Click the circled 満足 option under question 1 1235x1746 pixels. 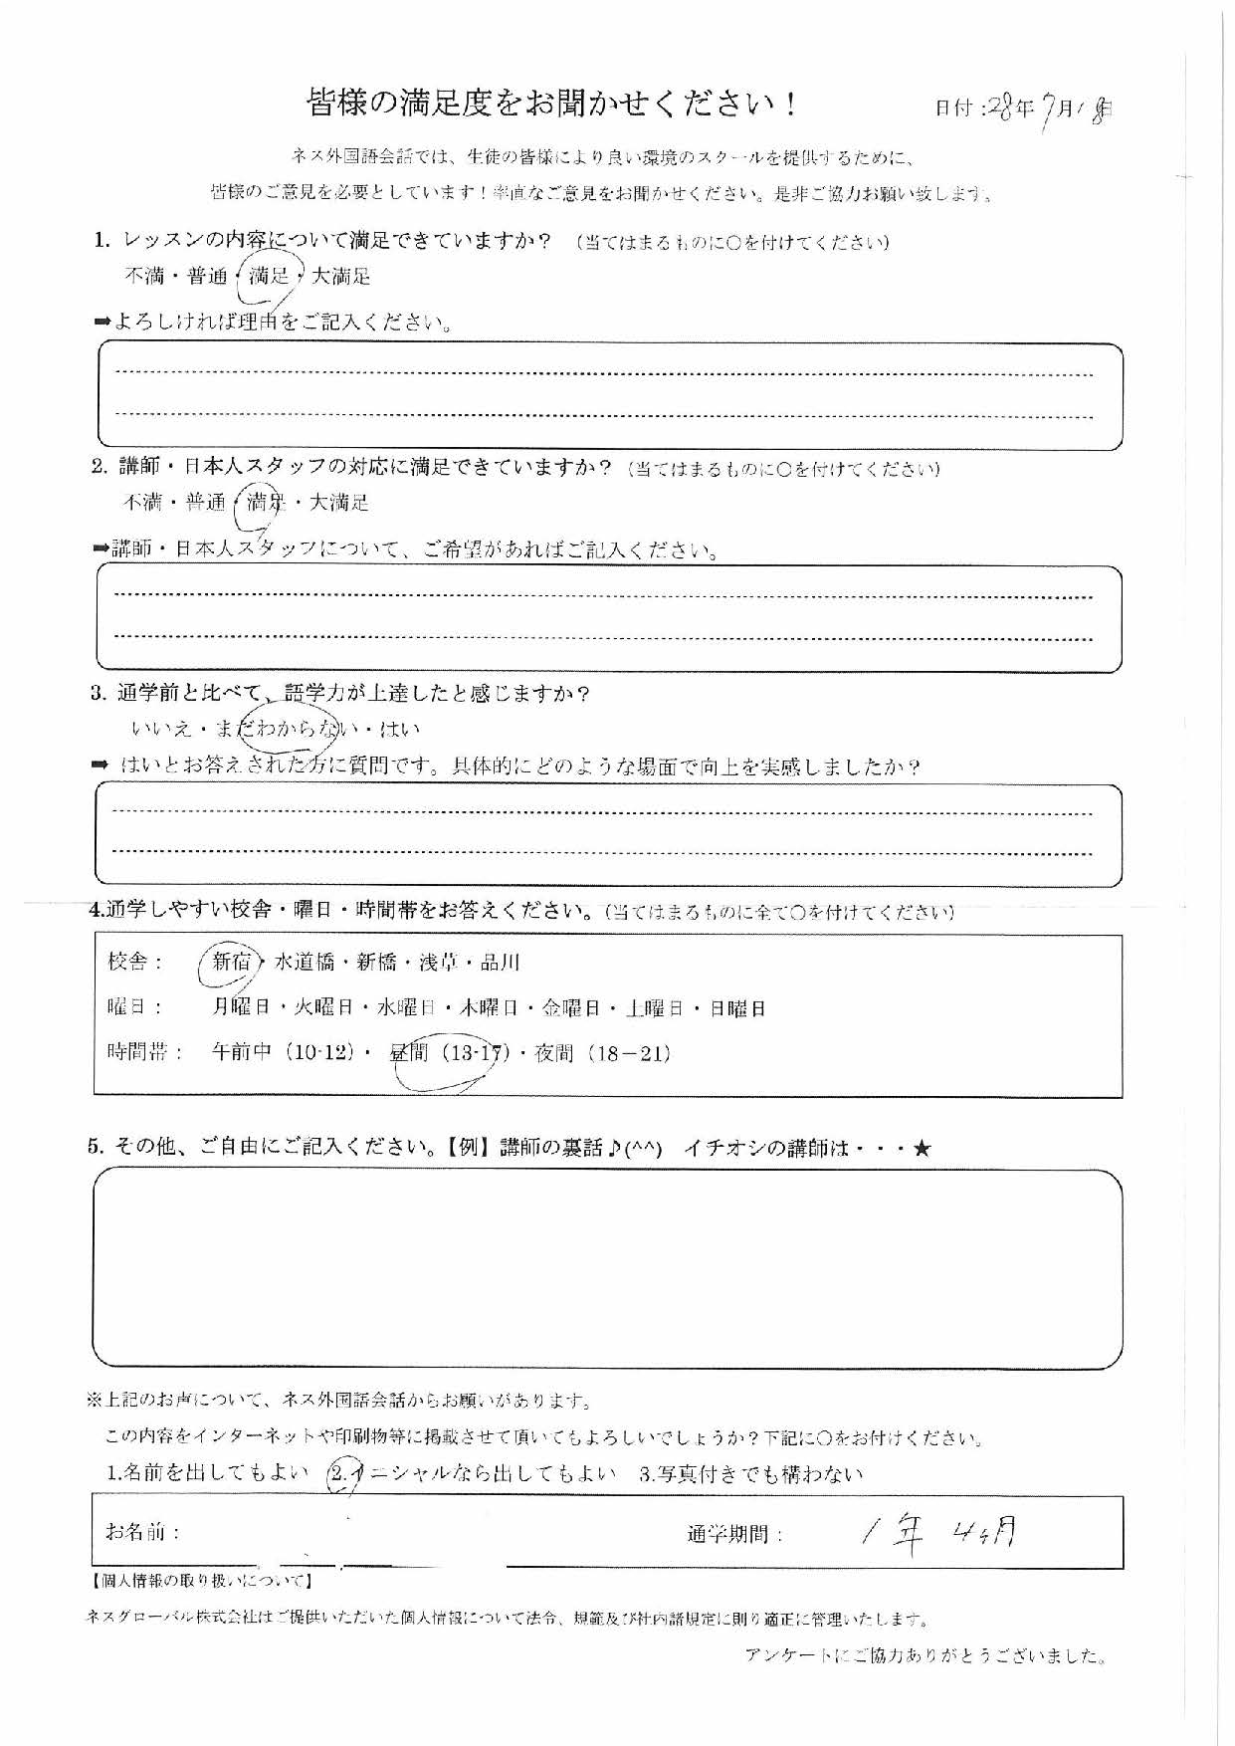269,277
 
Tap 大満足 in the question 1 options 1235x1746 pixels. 341,277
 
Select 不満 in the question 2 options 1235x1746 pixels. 142,503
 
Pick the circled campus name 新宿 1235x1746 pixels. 231,962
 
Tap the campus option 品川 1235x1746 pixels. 500,963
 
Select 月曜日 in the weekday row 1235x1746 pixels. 241,1008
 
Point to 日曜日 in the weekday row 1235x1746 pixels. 737,1008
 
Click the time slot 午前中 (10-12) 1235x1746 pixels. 283,1053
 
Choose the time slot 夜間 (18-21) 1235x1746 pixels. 602,1053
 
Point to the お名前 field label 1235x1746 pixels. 135,1531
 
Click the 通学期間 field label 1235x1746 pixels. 734,1534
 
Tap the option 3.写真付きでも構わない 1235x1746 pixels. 750,1474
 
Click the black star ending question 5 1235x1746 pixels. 922,1149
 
